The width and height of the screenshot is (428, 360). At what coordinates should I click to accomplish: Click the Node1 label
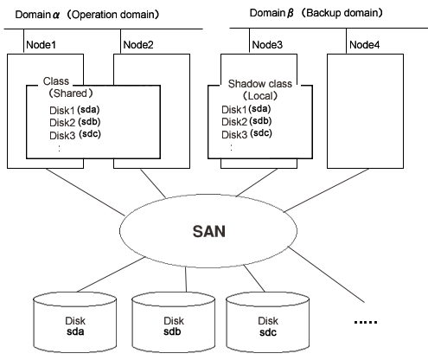pyautogui.click(x=41, y=45)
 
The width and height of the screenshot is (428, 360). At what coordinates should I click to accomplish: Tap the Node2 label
pyautogui.click(x=138, y=45)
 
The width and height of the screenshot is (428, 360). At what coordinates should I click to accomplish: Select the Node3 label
pyautogui.click(x=267, y=45)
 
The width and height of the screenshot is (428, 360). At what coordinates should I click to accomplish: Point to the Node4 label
pyautogui.click(x=364, y=45)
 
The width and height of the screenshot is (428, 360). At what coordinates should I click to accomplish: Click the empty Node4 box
pyautogui.click(x=365, y=111)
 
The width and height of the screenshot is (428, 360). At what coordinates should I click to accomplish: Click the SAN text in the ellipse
pyautogui.click(x=208, y=231)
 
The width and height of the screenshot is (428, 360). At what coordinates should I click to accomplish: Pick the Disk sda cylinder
pyautogui.click(x=75, y=323)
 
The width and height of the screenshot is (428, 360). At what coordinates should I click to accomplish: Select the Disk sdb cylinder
pyautogui.click(x=173, y=323)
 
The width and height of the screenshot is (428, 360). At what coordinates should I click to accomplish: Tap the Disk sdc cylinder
pyautogui.click(x=267, y=323)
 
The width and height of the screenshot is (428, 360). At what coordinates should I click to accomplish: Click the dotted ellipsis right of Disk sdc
pyautogui.click(x=366, y=322)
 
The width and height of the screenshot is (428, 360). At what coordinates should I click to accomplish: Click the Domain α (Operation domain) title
pyautogui.click(x=87, y=15)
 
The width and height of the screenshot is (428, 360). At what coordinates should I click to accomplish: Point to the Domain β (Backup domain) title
pyautogui.click(x=316, y=13)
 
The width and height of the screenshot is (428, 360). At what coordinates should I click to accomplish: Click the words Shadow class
pyautogui.click(x=260, y=84)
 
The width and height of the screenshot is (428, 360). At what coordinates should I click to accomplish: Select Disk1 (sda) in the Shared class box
pyautogui.click(x=74, y=110)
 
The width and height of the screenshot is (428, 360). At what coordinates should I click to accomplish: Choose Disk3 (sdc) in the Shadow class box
pyautogui.click(x=246, y=134)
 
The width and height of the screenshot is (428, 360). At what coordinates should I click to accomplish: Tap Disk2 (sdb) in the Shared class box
pyautogui.click(x=75, y=122)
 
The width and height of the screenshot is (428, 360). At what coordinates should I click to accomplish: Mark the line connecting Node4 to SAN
pyautogui.click(x=327, y=190)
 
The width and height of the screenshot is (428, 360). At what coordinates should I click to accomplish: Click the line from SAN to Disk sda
pyautogui.click(x=111, y=274)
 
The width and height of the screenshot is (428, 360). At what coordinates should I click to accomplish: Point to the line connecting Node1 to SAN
pyautogui.click(x=85, y=192)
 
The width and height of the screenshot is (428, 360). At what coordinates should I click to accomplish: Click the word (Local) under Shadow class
pyautogui.click(x=260, y=96)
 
